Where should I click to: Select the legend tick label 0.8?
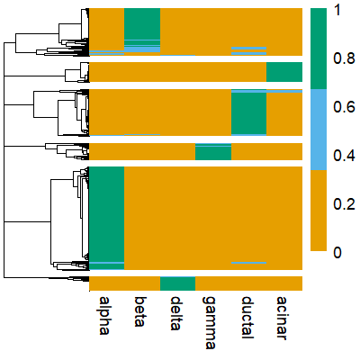(x=343, y=59)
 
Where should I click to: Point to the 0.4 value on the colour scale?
(x=343, y=156)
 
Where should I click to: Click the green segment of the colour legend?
(x=319, y=49)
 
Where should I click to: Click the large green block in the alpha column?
(x=106, y=214)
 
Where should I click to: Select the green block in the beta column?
(x=141, y=23)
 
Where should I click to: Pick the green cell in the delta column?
(x=177, y=283)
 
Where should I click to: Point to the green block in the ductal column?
(x=248, y=113)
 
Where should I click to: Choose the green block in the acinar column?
(x=283, y=72)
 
